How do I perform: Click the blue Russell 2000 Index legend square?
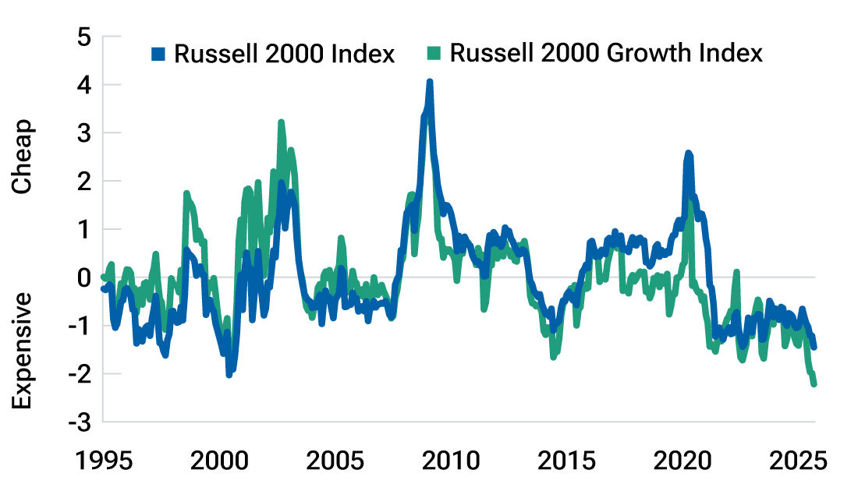[x=159, y=55]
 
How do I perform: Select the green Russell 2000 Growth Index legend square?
[x=435, y=55]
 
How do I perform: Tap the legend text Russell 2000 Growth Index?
[x=605, y=54]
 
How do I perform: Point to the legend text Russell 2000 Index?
[x=284, y=55]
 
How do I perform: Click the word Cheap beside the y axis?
[x=23, y=156]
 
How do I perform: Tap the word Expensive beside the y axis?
[x=23, y=351]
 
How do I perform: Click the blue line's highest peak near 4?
[x=429, y=82]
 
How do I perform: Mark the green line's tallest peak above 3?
[x=281, y=122]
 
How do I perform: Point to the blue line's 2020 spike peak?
[x=688, y=154]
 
